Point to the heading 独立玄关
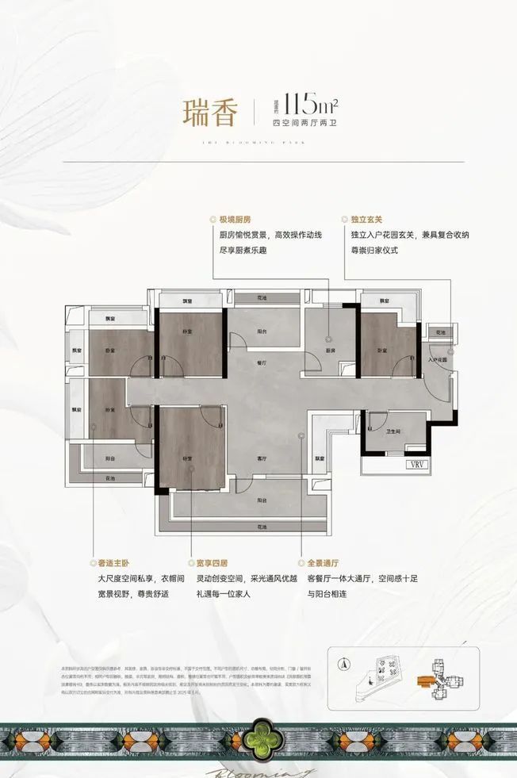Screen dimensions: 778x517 coord(366,220)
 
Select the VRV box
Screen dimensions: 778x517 coord(416,465)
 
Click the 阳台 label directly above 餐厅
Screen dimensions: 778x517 coord(261,332)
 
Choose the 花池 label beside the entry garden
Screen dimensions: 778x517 coord(440,332)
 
